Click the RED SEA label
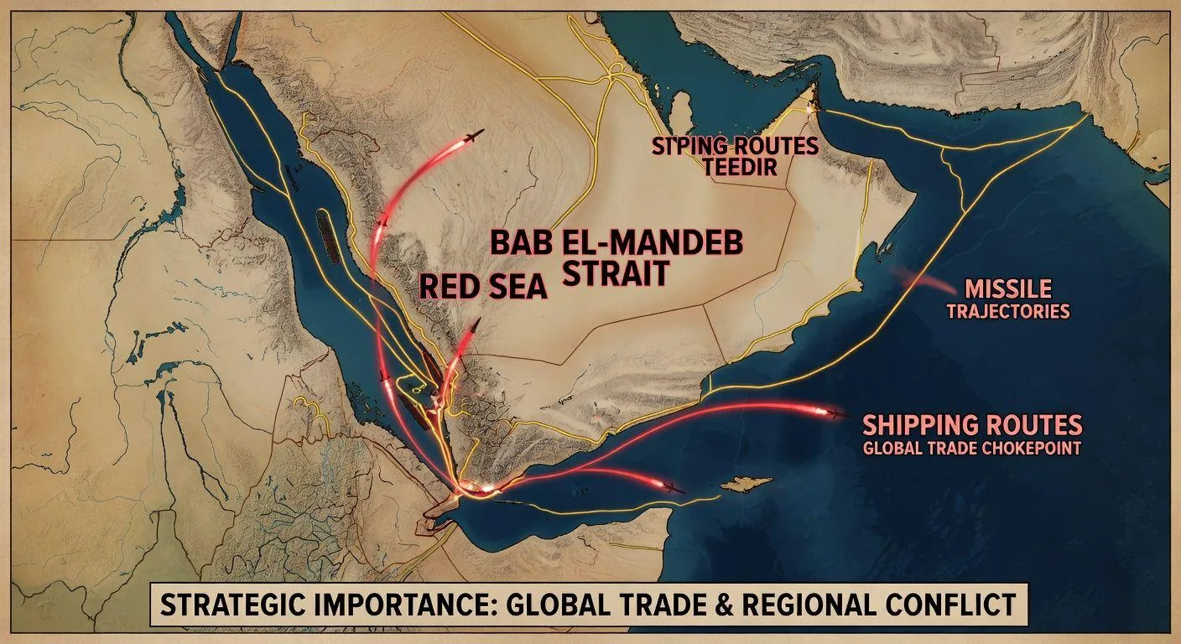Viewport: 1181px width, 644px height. [482, 287]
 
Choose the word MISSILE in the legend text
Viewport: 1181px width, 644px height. [1007, 289]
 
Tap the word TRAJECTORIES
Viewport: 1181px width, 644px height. [1007, 312]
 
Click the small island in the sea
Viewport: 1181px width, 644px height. [746, 484]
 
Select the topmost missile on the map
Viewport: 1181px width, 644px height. [475, 135]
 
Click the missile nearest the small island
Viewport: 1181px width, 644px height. [674, 488]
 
